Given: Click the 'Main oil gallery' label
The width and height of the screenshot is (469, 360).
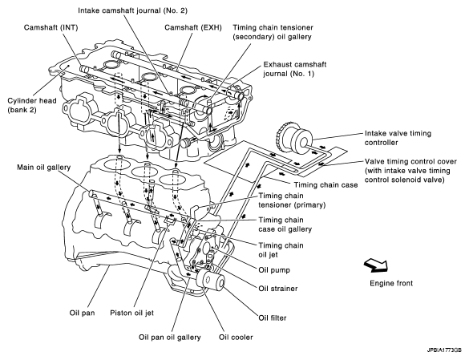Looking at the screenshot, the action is click(43, 167).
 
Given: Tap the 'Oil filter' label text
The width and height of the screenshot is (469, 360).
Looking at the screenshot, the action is click(273, 318).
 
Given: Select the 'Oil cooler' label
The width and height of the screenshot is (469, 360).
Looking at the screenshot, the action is click(236, 338).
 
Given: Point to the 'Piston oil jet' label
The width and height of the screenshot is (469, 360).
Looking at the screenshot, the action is click(132, 313).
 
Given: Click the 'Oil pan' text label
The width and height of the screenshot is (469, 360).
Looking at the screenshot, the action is click(83, 313).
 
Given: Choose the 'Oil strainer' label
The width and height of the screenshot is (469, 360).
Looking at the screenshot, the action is click(278, 289).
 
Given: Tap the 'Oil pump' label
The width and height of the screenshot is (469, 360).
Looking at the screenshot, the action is click(274, 270).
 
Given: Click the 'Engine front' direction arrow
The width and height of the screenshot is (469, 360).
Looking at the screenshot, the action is click(376, 265).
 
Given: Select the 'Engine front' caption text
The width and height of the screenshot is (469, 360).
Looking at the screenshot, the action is click(391, 283).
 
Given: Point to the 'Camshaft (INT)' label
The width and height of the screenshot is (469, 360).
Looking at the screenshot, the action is click(51, 27).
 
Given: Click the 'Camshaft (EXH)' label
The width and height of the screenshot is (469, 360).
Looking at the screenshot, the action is click(193, 27).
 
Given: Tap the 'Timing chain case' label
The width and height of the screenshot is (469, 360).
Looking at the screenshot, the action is click(325, 185).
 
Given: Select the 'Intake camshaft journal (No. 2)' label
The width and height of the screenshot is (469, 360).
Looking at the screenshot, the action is click(132, 10).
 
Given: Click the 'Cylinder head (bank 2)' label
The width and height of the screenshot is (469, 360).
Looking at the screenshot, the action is click(32, 105).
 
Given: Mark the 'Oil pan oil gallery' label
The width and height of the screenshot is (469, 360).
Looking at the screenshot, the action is click(170, 338).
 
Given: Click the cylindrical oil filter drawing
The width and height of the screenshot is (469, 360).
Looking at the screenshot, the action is click(211, 281).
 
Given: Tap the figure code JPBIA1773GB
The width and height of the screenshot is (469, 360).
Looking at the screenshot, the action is click(444, 350).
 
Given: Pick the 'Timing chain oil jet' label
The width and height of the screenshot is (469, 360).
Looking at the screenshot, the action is click(281, 250).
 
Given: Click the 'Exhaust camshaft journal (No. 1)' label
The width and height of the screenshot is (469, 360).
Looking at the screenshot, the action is click(294, 69).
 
